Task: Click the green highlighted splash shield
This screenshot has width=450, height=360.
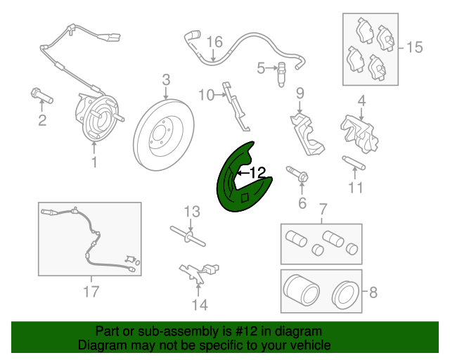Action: (x=232, y=190)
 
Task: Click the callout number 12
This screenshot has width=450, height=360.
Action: (x=257, y=172)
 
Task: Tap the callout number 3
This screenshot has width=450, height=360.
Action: (x=166, y=79)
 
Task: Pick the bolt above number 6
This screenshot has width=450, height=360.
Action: (x=297, y=176)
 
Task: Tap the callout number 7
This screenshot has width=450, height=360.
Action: (x=323, y=209)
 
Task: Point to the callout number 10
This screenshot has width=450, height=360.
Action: (x=205, y=94)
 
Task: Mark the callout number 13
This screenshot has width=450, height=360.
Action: (x=193, y=211)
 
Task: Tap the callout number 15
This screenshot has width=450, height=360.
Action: (x=415, y=47)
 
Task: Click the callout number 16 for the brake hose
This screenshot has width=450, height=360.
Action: (x=214, y=42)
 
